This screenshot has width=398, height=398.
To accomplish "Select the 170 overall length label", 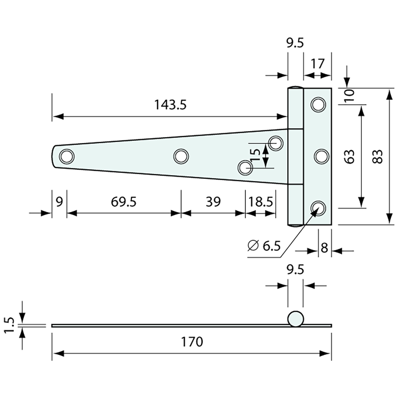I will click(x=192, y=342).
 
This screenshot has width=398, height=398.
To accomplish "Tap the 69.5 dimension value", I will click(x=123, y=202).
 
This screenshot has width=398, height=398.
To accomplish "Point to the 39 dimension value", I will click(x=213, y=202).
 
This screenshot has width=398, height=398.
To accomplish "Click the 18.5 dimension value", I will click(x=261, y=202).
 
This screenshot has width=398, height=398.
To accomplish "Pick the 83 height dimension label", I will click(x=377, y=156).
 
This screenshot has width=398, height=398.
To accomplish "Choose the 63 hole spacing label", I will click(x=349, y=156).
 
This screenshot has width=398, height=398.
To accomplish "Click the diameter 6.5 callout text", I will click(x=264, y=246).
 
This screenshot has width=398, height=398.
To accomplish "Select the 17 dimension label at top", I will click(x=317, y=64).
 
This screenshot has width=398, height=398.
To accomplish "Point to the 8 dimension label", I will click(x=325, y=248).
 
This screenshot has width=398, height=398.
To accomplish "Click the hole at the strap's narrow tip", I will click(x=67, y=156).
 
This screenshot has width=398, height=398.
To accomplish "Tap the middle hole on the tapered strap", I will click(x=181, y=156).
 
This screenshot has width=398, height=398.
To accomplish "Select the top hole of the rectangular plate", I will click(x=318, y=105).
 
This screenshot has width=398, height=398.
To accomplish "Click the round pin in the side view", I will click(x=296, y=319).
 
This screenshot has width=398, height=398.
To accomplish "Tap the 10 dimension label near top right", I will click(x=350, y=95).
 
